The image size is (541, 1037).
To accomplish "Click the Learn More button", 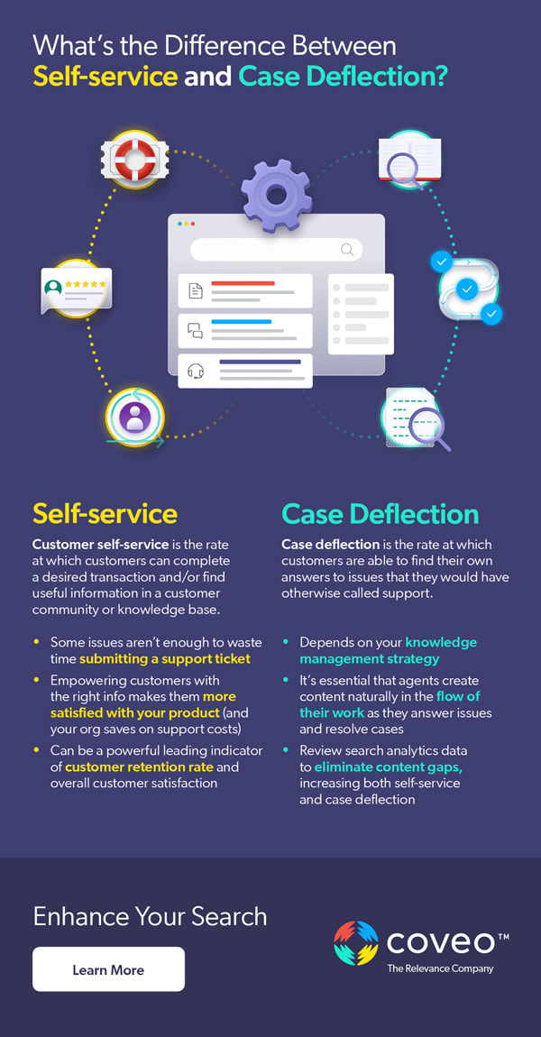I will pyautogui.click(x=108, y=969).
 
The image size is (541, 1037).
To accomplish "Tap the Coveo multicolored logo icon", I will pyautogui.click(x=355, y=943).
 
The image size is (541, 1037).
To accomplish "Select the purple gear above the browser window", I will pyautogui.click(x=276, y=193).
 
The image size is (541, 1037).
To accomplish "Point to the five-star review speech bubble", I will pyautogui.click(x=77, y=288).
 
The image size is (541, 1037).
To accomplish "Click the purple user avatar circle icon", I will pyautogui.click(x=135, y=418).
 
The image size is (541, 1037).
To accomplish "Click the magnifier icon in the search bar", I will pyautogui.click(x=347, y=250).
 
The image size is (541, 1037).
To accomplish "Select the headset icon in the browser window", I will pyautogui.click(x=196, y=371).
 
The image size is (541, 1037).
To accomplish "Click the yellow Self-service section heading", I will pyautogui.click(x=105, y=513).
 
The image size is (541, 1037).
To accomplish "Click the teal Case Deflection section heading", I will pyautogui.click(x=380, y=513).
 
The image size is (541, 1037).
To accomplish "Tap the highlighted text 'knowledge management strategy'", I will pyautogui.click(x=388, y=650).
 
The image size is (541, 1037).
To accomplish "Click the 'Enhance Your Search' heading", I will pyautogui.click(x=150, y=916).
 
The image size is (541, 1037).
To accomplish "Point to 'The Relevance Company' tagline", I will pyautogui.click(x=440, y=968).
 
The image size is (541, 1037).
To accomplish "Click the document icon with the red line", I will pyautogui.click(x=196, y=290).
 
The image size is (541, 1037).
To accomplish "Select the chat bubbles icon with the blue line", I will pyautogui.click(x=196, y=330).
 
